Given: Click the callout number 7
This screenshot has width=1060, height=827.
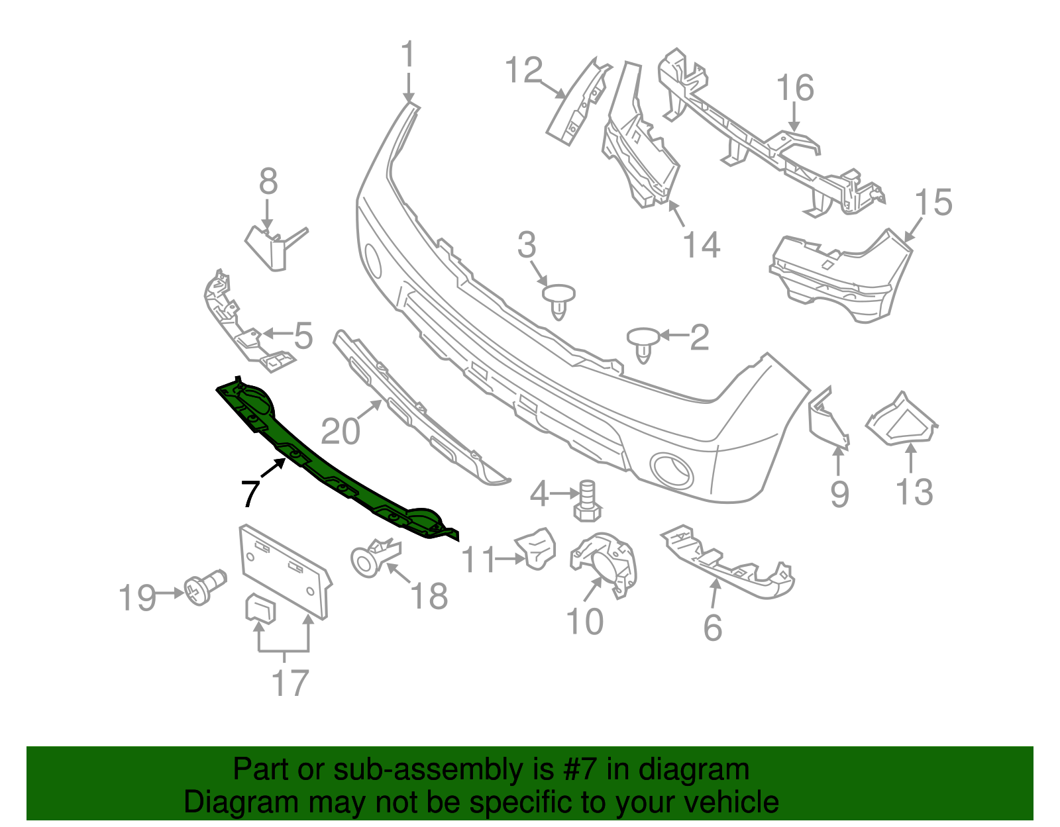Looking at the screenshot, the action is [250, 493].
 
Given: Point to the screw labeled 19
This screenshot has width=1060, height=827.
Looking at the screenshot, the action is [204, 587].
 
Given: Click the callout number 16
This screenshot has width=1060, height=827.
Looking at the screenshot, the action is [795, 88].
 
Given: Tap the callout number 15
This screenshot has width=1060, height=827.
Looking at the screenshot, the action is [933, 202].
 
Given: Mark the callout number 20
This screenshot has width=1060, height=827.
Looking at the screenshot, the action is [341, 432].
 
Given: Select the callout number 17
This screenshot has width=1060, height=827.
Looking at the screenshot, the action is [290, 683].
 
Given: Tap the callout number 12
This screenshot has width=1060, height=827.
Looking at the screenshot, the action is [523, 70].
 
